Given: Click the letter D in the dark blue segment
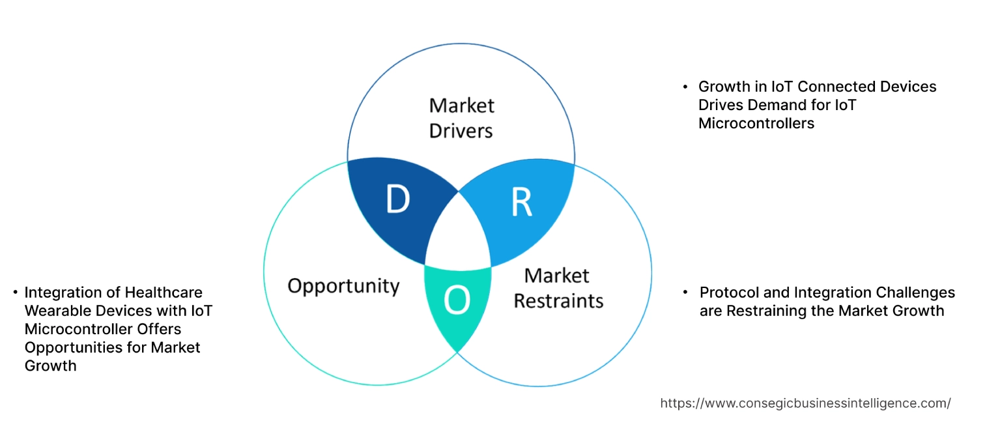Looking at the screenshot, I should (397, 200).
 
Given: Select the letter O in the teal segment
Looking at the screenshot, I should (457, 300).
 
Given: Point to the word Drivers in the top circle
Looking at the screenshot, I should (461, 130).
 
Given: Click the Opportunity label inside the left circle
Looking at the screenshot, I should (343, 286).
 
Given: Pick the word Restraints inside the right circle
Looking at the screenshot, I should (558, 301).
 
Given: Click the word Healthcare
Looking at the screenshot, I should (164, 293).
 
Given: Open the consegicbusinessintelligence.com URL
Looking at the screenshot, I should (805, 403).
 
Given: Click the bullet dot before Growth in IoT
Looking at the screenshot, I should (685, 87).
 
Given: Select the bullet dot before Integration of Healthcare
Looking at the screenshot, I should (14, 293).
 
